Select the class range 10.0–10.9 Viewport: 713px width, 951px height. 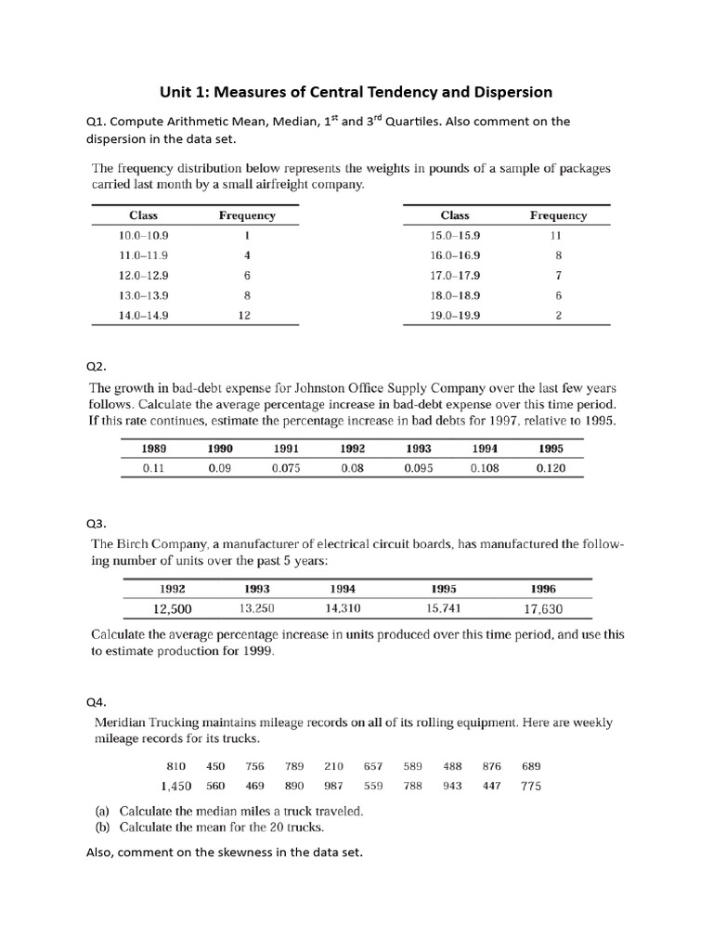[x=143, y=235]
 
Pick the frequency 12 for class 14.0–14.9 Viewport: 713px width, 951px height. [x=246, y=315]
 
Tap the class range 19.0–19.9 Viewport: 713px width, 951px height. [x=454, y=315]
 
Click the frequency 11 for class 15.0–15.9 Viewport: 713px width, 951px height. [x=557, y=235]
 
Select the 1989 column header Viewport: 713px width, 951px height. [x=153, y=448]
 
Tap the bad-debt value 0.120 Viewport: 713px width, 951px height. [x=550, y=468]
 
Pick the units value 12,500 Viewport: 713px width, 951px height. [x=172, y=609]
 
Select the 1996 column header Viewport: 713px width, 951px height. [x=543, y=588]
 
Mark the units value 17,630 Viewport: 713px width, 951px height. [x=543, y=609]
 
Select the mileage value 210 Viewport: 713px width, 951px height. [x=333, y=766]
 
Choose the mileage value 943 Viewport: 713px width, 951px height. [x=452, y=786]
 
